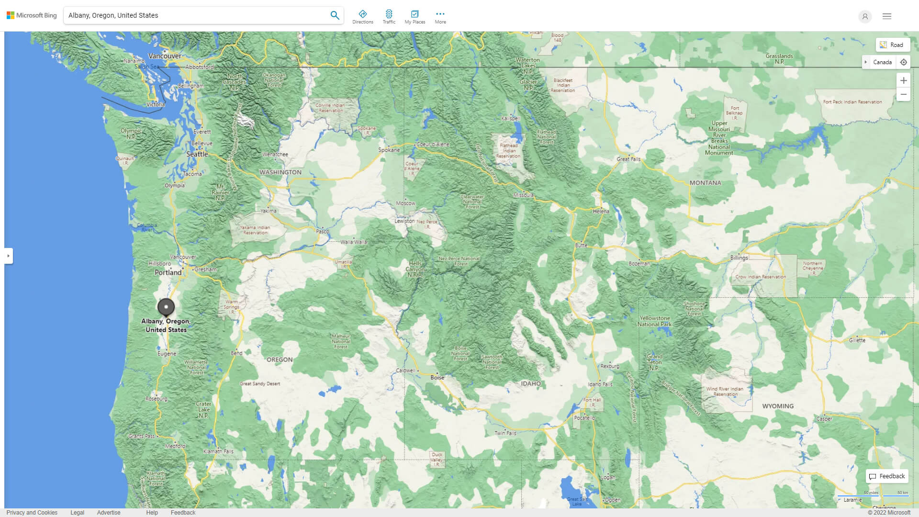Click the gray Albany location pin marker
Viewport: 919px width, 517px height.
tap(166, 307)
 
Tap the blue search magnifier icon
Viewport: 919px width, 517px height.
tap(335, 15)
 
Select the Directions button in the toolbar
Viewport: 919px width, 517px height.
tap(362, 17)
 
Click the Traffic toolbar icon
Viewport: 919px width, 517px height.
tap(389, 17)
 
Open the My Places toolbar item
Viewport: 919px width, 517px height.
tap(415, 17)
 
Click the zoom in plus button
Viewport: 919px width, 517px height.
tap(903, 80)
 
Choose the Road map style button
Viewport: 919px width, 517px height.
tap(892, 45)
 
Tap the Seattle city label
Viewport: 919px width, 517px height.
tap(197, 154)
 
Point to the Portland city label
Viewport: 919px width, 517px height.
tap(168, 272)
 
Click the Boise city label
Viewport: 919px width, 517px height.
tap(437, 377)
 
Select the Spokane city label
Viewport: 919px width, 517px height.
tap(389, 150)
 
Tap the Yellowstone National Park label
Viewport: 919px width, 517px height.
tap(654, 321)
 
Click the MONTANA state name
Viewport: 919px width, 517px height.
tap(705, 183)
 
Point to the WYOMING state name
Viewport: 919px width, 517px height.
tap(777, 406)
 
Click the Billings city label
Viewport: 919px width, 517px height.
tap(739, 258)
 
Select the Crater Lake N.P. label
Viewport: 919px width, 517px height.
tap(203, 410)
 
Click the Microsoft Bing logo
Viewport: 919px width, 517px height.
tap(32, 15)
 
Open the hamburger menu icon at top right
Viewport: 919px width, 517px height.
tap(886, 16)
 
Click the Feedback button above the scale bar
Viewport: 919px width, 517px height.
tap(886, 476)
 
